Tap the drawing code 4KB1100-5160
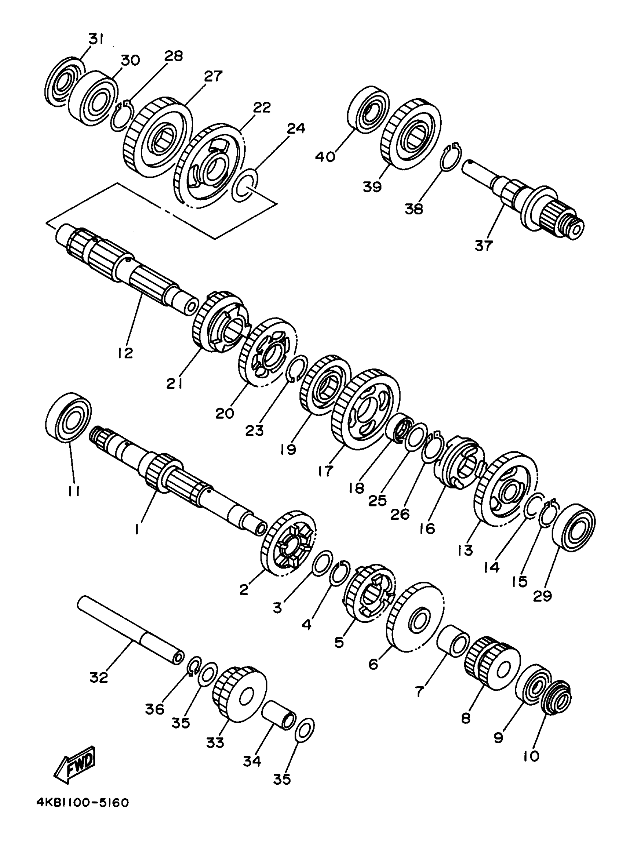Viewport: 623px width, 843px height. [x=82, y=813]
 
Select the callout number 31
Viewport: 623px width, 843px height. [x=96, y=39]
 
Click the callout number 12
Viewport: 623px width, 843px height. [x=125, y=353]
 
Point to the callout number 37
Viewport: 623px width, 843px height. [x=483, y=246]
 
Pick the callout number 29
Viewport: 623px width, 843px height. [x=543, y=596]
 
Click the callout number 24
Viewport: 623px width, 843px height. [x=296, y=129]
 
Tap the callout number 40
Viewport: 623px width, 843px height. [x=325, y=156]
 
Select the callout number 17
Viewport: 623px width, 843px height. [x=325, y=471]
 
